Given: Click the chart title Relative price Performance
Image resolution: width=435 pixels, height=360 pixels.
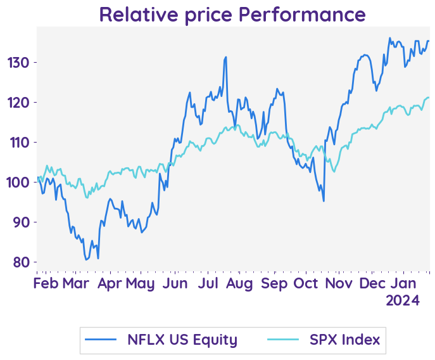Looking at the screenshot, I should tap(232, 14).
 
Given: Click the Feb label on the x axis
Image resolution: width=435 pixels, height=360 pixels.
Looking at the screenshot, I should tap(46, 283).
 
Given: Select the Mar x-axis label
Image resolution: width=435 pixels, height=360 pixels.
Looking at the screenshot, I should tap(75, 283).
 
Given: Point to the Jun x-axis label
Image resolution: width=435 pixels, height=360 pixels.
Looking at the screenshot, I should tap(175, 283).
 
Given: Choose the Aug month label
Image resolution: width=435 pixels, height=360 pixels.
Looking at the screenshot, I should tap(240, 283).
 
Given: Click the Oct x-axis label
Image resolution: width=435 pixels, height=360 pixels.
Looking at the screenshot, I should tap(306, 283).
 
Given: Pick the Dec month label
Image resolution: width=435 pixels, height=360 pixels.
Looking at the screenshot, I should tap(372, 283).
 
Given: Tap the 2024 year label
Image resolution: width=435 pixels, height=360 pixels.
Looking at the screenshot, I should tap(403, 301).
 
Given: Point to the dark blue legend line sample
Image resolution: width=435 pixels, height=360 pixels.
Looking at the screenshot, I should tap(104, 340).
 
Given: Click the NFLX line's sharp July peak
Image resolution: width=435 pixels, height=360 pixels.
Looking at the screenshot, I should tap(225, 57).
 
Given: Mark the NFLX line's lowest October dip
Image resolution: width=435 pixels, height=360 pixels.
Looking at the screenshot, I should tap(324, 202).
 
